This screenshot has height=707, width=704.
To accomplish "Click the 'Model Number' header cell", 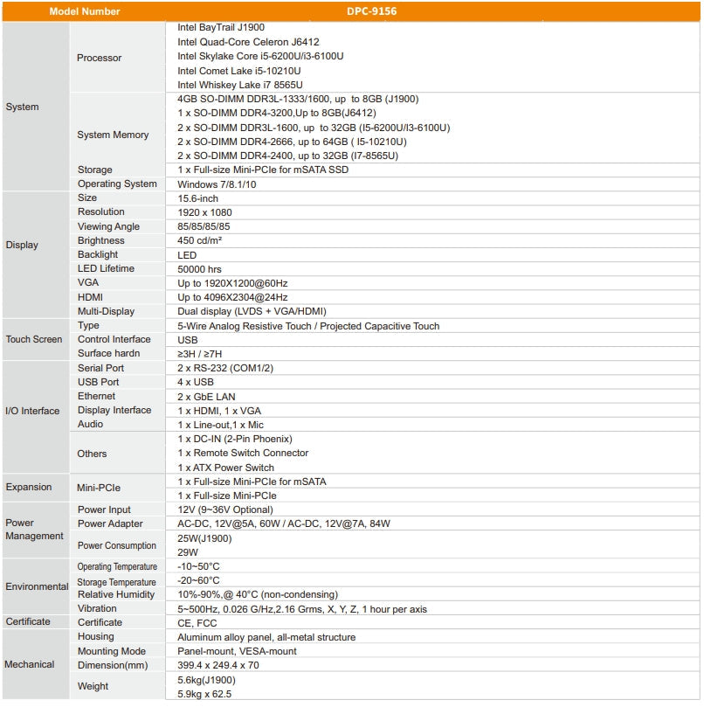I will coord(85,11).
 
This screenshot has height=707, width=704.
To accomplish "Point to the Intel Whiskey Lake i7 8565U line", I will coord(239,85).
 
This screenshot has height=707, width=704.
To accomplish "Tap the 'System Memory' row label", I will coord(113,135).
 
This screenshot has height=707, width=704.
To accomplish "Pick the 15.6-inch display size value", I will coord(197,198).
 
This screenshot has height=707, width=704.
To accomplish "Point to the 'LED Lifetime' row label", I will coord(106,268).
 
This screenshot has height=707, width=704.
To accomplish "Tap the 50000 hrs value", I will coord(200,268).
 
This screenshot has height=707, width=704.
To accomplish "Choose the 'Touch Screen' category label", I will coord(34,339).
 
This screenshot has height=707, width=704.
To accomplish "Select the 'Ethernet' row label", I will coord(96,396).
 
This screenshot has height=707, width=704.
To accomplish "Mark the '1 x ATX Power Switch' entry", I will coord(225,468).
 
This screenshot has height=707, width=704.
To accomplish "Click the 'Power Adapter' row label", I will coord(110,523).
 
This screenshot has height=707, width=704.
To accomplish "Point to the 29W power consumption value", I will coord(188,552).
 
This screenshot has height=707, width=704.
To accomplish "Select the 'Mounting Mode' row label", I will coord(112,651).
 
